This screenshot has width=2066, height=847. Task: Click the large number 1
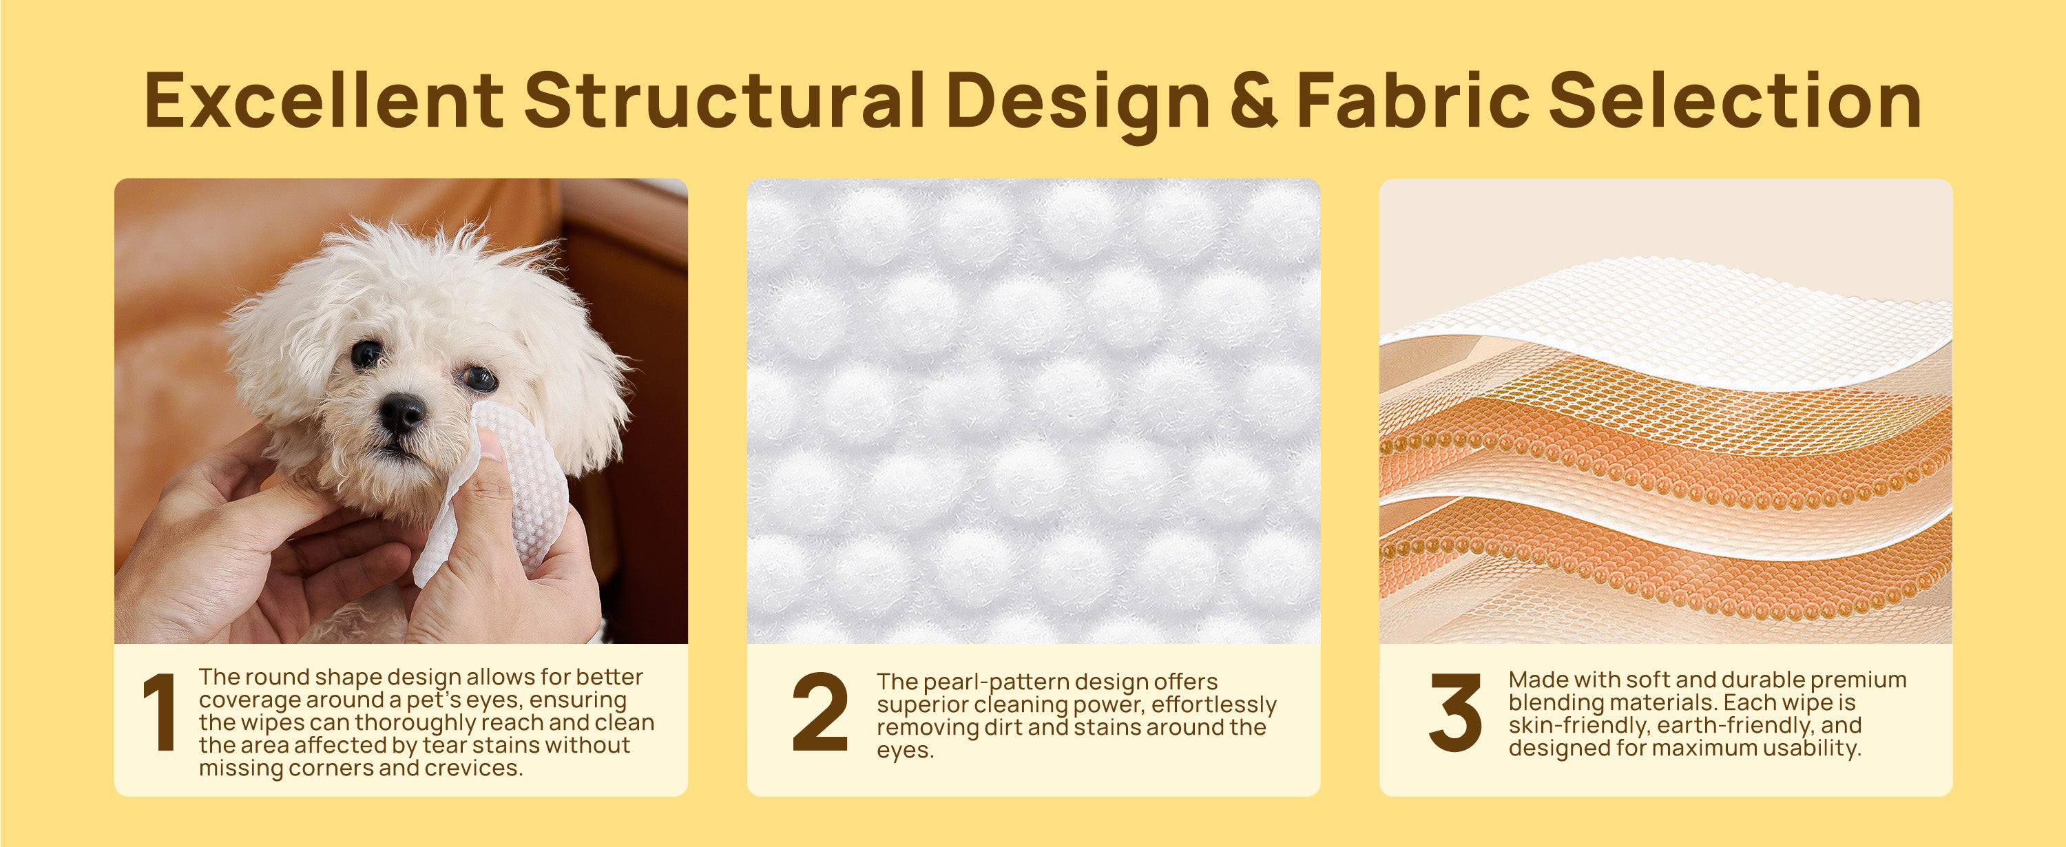tap(160, 711)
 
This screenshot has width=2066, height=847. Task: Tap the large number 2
tap(820, 711)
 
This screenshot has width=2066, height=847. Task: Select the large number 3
tap(1455, 711)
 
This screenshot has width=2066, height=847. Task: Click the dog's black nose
tap(401, 413)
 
